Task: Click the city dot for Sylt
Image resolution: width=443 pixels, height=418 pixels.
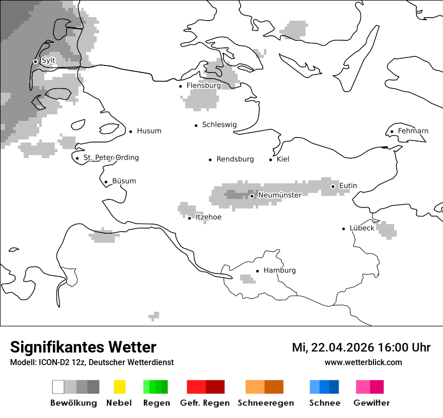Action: point(35,61)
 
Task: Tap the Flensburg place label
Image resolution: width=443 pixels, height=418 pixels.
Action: point(203,86)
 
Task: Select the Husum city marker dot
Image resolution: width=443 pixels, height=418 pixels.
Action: point(130,131)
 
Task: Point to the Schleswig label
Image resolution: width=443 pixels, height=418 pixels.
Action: point(219,125)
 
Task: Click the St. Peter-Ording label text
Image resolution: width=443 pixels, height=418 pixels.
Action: point(111,158)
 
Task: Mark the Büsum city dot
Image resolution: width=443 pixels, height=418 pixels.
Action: point(106,182)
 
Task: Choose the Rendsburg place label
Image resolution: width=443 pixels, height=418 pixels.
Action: point(235,159)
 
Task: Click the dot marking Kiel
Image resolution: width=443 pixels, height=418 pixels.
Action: point(271,160)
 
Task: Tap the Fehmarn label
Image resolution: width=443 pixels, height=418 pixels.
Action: point(413,131)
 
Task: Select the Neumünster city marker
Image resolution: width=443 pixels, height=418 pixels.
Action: point(252,196)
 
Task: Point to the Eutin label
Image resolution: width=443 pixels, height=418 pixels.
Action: point(348,186)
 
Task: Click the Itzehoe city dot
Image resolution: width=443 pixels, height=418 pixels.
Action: point(189,218)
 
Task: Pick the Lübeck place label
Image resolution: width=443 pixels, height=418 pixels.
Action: point(362,228)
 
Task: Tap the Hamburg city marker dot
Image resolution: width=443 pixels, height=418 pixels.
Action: point(257,271)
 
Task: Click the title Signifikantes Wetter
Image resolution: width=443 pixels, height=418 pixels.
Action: point(83,347)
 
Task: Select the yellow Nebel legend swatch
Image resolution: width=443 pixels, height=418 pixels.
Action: point(119,387)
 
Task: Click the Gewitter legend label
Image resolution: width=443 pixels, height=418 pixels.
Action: point(372,403)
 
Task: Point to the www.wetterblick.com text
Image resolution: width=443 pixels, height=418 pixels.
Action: point(363,363)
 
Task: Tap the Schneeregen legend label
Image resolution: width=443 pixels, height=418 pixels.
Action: point(266,403)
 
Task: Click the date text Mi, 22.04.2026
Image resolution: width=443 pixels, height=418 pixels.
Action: point(332,347)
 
